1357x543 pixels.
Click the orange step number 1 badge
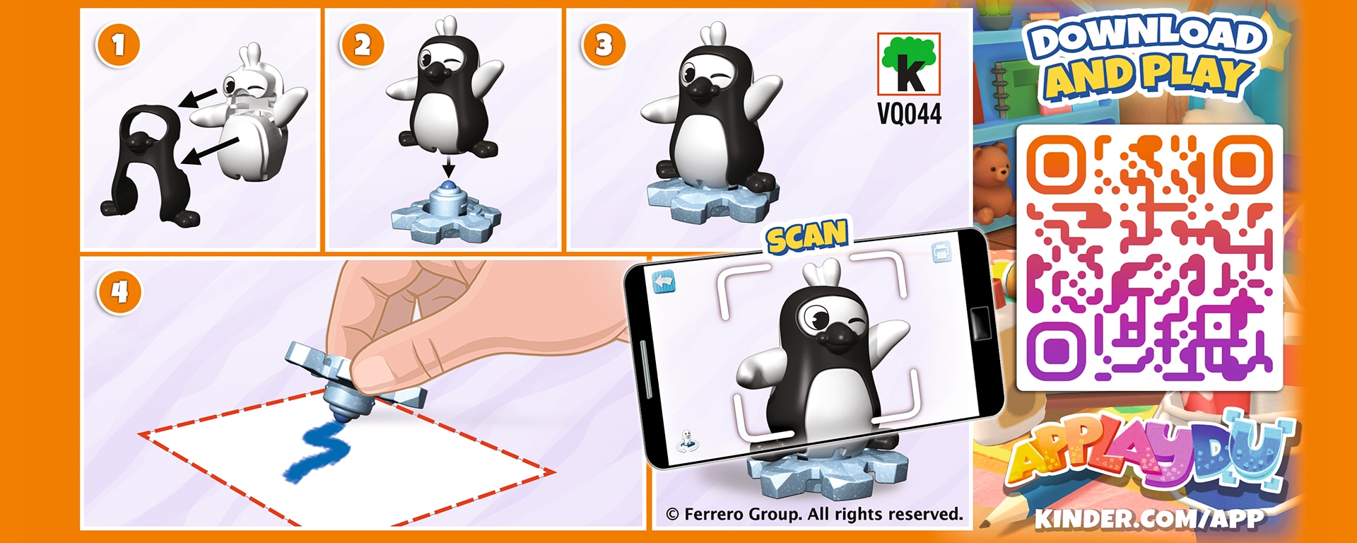[x=117, y=45]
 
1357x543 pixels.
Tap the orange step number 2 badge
[x=362, y=45]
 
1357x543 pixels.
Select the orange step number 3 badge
[x=603, y=45]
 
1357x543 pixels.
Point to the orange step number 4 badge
[x=119, y=292]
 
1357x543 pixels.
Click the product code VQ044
[x=909, y=114]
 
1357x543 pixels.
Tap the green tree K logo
[x=909, y=64]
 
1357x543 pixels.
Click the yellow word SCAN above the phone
[x=807, y=236]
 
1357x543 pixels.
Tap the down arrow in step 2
[x=447, y=167]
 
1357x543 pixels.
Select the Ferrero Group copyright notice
[x=815, y=514]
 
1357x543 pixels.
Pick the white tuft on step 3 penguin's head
[x=714, y=34]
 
